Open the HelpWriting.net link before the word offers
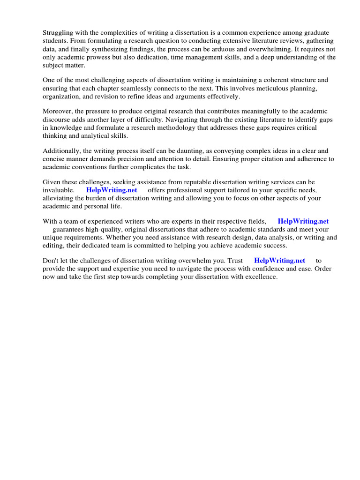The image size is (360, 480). (x=112, y=190)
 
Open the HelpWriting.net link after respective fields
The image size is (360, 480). (x=303, y=221)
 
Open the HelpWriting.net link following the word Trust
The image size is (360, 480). (x=279, y=261)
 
